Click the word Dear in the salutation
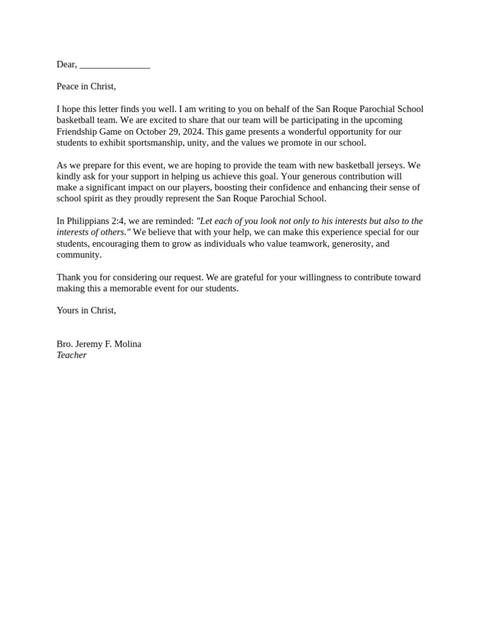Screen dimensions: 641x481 [66, 64]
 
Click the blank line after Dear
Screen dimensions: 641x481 [115, 65]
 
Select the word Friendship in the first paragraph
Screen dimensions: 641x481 [78, 131]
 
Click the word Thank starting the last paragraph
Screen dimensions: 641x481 [68, 277]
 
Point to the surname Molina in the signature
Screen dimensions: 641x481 [127, 344]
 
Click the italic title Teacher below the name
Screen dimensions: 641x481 [71, 355]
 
